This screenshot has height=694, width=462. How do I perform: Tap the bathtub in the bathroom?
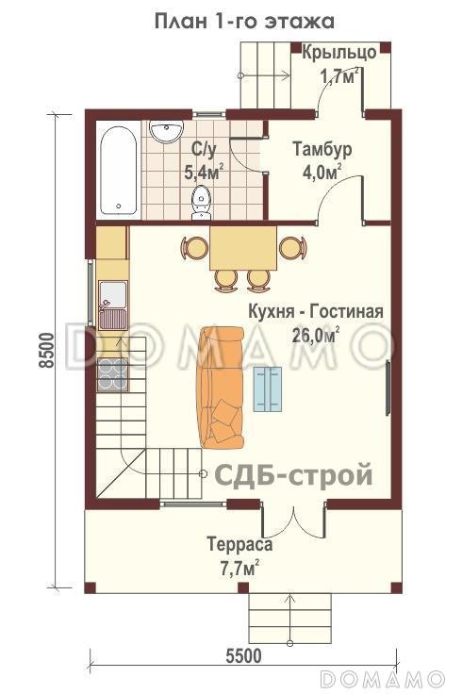tap(118, 167)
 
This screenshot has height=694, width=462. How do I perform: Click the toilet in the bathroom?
tap(201, 201)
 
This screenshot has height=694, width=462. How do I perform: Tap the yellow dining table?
tap(242, 247)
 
